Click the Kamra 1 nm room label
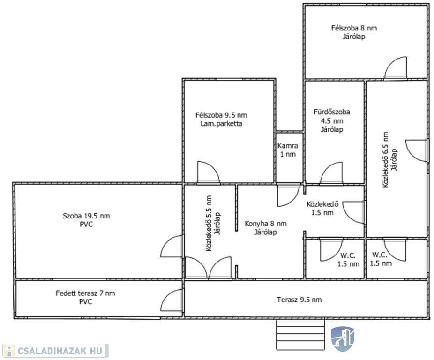point(288,150)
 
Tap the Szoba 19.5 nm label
point(86,220)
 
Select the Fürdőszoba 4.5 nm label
point(332,121)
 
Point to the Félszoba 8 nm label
point(354,32)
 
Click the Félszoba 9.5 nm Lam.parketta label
point(221,120)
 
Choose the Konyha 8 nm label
point(266,228)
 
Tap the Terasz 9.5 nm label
point(299,300)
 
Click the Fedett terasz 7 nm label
point(85,297)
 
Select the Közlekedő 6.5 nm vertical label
point(390,159)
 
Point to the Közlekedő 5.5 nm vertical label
point(213,224)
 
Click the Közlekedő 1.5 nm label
point(323,208)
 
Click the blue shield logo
point(343,338)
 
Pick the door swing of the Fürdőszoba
point(331,173)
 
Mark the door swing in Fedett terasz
point(172,300)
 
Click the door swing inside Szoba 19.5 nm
point(172,246)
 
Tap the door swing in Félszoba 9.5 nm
point(209,172)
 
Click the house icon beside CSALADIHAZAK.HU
point(9,351)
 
